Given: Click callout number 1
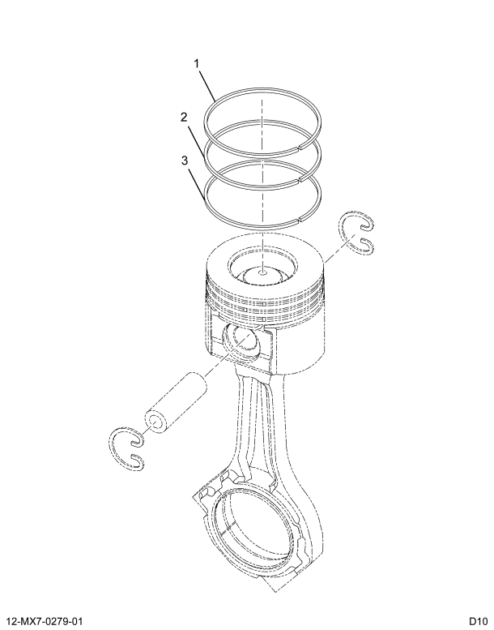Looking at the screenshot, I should [196, 62].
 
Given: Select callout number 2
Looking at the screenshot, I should [185, 117].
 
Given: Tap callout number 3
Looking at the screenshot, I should [185, 161].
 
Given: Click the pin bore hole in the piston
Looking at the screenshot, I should [240, 338].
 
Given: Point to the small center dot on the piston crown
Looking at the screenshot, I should [263, 274].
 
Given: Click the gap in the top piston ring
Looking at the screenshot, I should [300, 147].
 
